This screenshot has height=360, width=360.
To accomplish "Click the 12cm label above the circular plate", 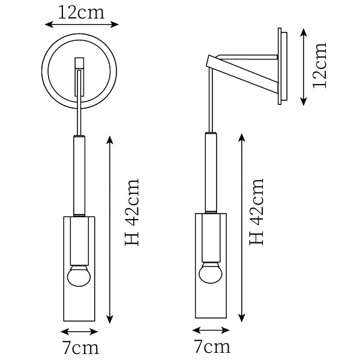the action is pos(81,13).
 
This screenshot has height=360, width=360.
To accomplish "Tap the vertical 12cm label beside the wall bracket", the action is pos(319,65).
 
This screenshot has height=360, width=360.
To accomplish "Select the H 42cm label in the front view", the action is pos(132,212).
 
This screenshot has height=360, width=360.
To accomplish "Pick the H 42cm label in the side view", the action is pos(256,212).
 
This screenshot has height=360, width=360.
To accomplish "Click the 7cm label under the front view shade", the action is pos(80,348).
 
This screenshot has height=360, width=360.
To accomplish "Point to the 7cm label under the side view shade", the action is pos(212,346).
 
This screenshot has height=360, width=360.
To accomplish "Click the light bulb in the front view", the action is pos(79,276).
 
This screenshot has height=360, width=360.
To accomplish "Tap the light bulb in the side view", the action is pos(211,272).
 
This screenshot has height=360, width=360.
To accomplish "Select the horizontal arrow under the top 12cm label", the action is pos(82,25).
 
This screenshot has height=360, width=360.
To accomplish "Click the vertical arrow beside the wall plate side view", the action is pos(304,67).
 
